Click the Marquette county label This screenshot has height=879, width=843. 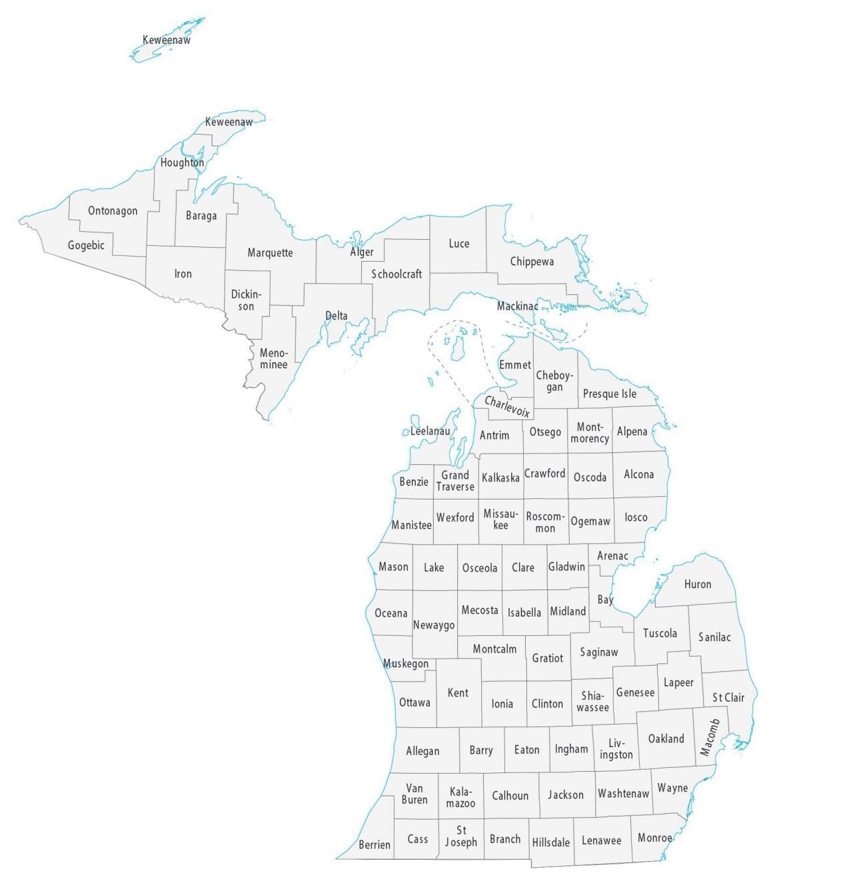pos(270,253)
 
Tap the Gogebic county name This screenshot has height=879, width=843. pos(86,246)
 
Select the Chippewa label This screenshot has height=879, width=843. pos(532,262)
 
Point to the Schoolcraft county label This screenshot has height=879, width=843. pos(397,274)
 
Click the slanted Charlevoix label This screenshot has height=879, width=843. pos(506,406)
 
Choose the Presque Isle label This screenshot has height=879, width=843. pos(609,394)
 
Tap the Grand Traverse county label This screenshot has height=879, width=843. pos(455,481)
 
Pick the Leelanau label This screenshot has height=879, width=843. pos(430,432)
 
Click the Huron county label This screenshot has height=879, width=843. pos(697,585)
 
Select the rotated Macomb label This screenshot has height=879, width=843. pos(710,737)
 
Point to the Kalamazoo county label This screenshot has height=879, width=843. pos(460,798)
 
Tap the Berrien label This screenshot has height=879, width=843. pos(375,845)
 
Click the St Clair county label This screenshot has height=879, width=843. pos(728,698)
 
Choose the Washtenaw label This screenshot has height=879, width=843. pos(623,794)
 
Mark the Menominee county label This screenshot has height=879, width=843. pos(273,359)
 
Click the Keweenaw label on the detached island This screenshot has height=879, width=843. pos(167,41)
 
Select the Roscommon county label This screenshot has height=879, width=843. pos(545,522)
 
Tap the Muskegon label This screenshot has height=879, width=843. pos(406,664)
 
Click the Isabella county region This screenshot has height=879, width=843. pos(524,613)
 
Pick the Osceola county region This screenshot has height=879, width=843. pos(480,568)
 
